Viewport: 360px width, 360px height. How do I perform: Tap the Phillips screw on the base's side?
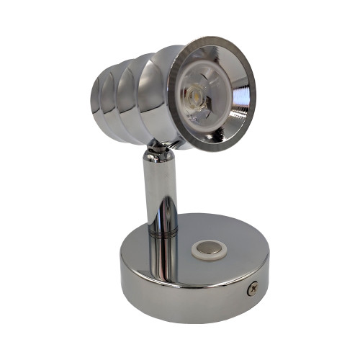point(253,288)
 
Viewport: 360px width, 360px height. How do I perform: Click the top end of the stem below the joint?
point(158,162)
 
